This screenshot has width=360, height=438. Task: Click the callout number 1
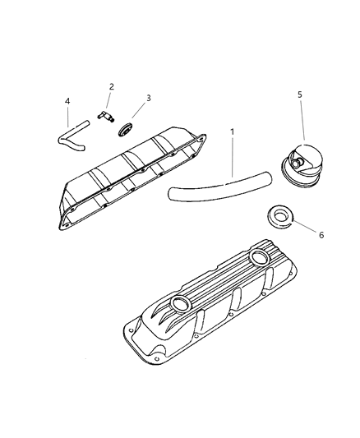(232, 131)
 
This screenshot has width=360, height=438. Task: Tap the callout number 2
(112, 86)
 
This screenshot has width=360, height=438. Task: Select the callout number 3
(149, 98)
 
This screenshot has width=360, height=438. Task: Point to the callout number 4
(67, 101)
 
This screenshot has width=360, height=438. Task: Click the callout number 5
(300, 95)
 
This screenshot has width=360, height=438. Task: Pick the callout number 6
(321, 235)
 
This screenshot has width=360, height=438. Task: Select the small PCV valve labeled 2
(106, 116)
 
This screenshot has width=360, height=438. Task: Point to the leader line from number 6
(305, 226)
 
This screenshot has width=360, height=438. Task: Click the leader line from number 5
(302, 119)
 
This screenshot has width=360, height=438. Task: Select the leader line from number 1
(232, 157)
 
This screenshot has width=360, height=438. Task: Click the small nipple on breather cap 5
(297, 162)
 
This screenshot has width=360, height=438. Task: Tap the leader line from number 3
(139, 110)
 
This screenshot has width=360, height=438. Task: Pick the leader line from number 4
(67, 117)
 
